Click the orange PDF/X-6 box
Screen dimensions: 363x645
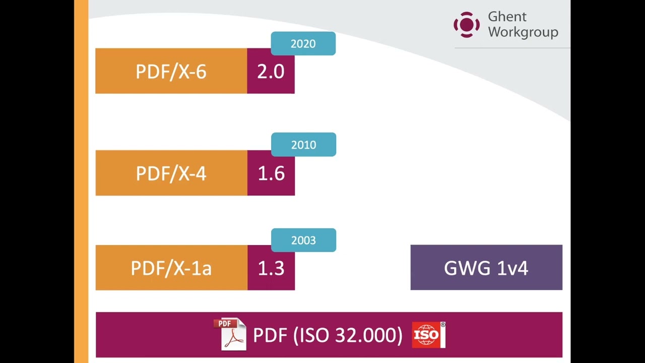[171, 71]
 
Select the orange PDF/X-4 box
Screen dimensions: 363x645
[171, 173]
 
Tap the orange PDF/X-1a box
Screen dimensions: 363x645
[171, 268]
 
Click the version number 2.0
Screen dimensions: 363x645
[271, 72]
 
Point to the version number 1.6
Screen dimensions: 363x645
[271, 173]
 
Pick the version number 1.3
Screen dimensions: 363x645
[271, 268]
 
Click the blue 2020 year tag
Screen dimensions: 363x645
[303, 44]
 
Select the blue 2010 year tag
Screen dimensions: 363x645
[303, 145]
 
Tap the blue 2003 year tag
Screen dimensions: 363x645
[303, 240]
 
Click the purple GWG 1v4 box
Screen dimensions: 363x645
[486, 268]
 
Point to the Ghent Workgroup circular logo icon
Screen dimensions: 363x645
[467, 25]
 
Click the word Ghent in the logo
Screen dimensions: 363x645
[507, 17]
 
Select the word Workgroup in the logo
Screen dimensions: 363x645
[523, 32]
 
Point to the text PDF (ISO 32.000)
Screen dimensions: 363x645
[328, 335]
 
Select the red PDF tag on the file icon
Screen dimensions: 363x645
[224, 324]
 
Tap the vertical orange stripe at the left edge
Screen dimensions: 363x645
[81, 181]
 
